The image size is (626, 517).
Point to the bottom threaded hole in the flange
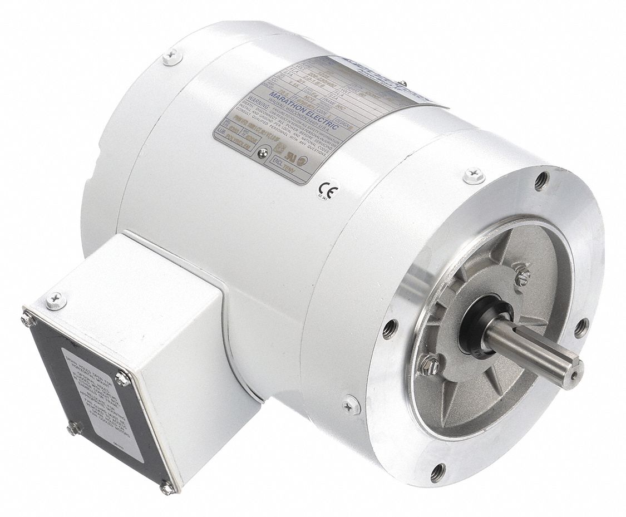(438, 472)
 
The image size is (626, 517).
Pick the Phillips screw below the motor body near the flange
(351, 405)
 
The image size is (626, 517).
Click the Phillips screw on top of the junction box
(55, 301)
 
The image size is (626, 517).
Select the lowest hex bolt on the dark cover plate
(166, 488)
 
